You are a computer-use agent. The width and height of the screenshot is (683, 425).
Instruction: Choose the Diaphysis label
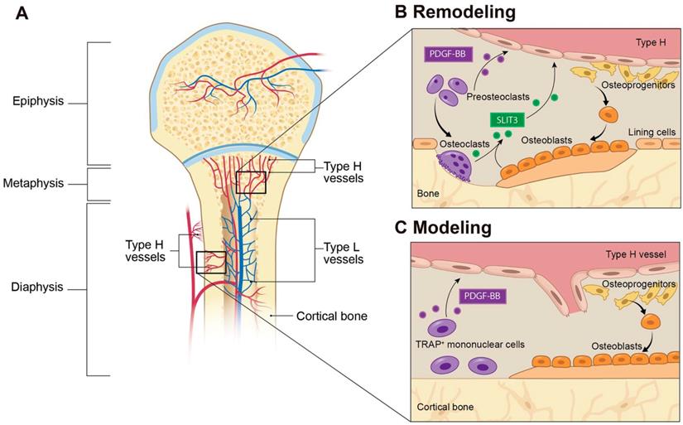[38, 289]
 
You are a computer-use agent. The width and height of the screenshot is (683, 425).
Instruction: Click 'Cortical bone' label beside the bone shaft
[329, 316]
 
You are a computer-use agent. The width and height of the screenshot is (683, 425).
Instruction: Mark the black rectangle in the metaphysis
[251, 181]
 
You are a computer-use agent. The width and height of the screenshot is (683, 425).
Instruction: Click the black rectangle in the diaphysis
[210, 262]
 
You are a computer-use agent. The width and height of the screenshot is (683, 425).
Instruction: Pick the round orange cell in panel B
[608, 114]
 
